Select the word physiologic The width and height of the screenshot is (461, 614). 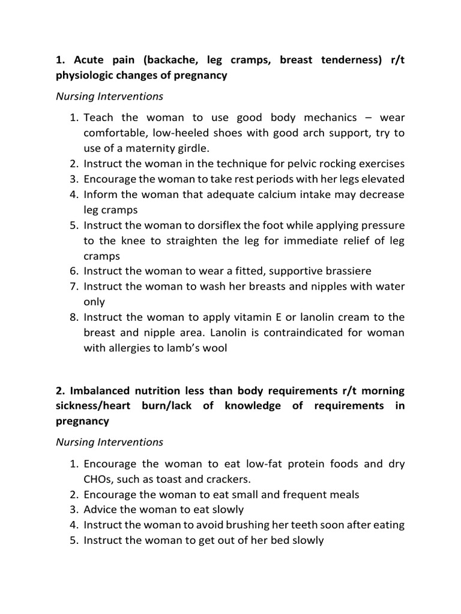(x=89, y=76)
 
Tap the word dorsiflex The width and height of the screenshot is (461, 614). (x=231, y=225)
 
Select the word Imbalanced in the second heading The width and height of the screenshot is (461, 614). (x=98, y=391)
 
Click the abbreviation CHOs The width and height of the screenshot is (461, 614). (x=98, y=479)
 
